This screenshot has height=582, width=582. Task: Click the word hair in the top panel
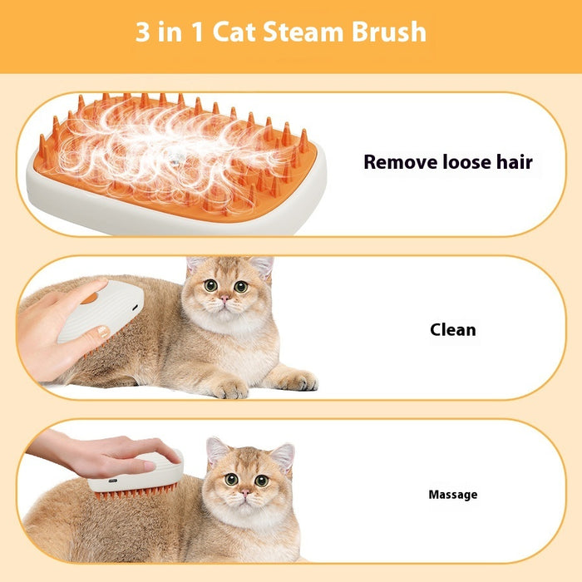(x=515, y=162)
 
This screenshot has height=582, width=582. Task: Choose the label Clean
(x=453, y=329)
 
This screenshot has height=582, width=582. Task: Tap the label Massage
(x=453, y=495)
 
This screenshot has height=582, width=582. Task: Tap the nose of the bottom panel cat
(x=244, y=493)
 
